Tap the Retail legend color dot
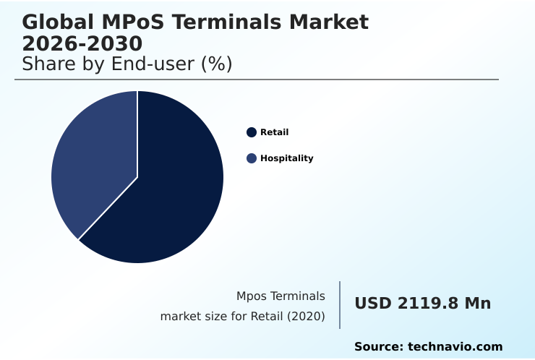(252, 132)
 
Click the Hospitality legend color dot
(252, 158)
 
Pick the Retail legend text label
(274, 132)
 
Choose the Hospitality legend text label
(286, 158)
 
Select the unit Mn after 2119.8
(477, 304)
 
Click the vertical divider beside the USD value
(340, 305)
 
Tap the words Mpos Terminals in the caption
(281, 296)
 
